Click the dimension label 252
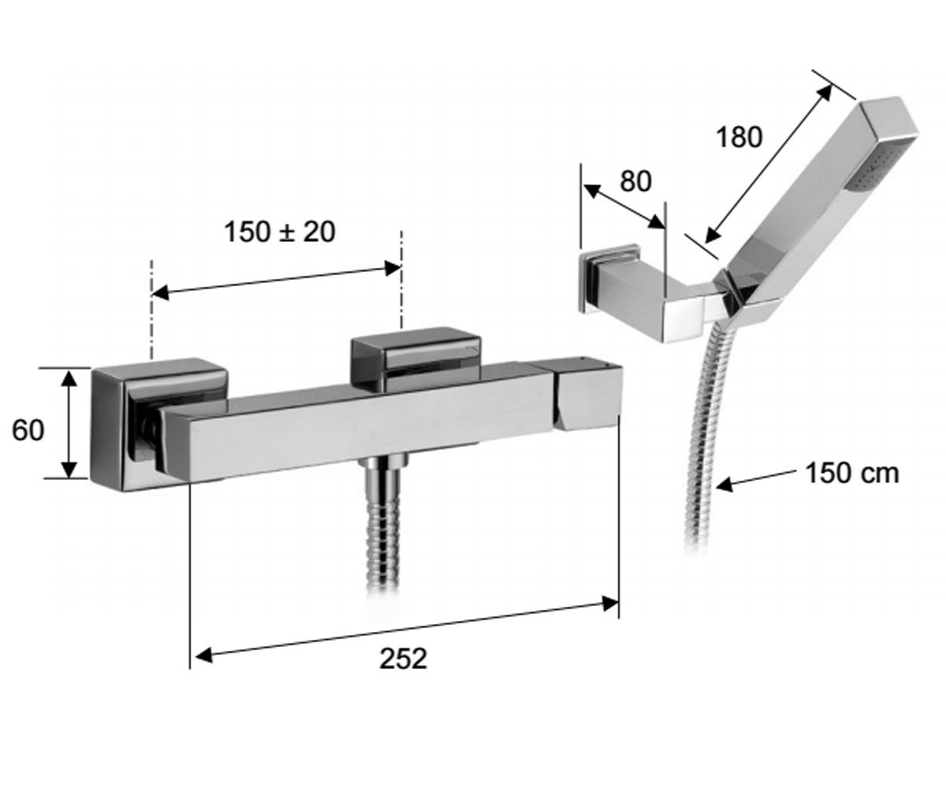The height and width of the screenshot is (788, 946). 403,659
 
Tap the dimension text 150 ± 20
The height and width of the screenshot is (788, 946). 280,232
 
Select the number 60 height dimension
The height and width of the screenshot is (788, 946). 28,429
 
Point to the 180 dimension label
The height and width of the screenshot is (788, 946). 739,137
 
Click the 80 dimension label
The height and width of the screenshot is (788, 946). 635,181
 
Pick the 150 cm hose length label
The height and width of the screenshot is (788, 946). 851,474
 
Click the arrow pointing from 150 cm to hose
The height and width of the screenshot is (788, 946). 755,480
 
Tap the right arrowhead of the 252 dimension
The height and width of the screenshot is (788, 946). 611,604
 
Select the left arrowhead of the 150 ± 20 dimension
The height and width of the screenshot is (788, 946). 159,292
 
